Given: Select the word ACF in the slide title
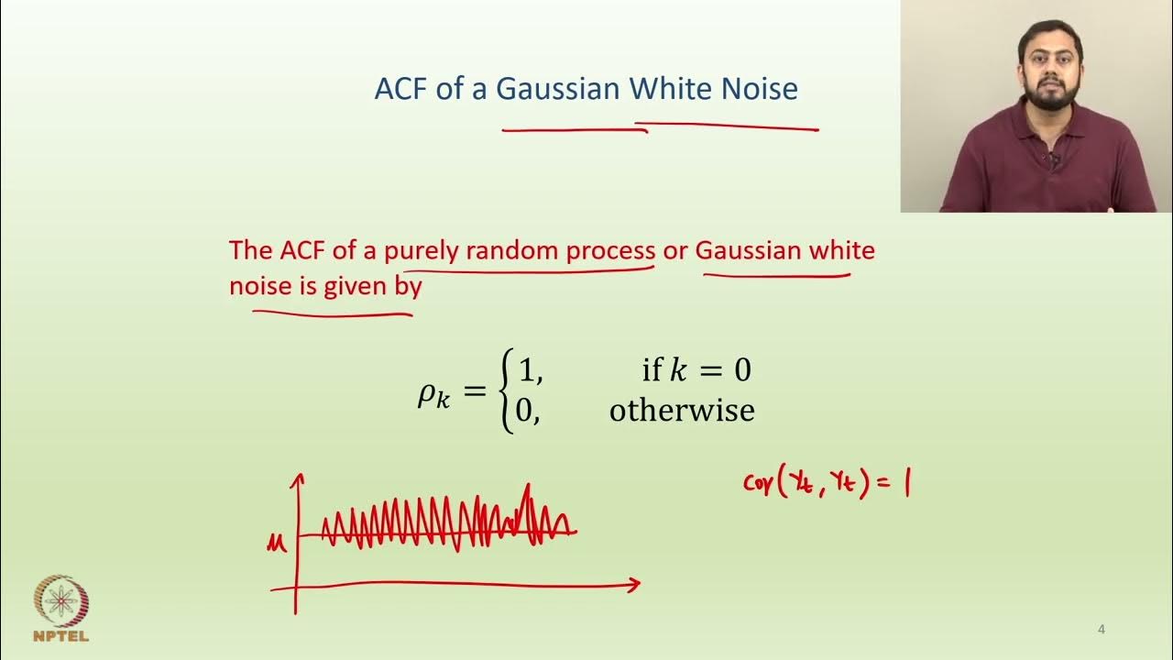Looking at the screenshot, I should [403, 89].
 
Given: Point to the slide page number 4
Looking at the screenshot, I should [1102, 630].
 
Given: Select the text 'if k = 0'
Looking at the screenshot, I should [696, 370].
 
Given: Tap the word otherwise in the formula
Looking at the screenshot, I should [682, 410].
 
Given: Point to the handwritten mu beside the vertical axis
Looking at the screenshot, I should [276, 544].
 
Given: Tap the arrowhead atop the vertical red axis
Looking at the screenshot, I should [297, 479].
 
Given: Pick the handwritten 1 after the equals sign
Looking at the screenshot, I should [905, 485].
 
